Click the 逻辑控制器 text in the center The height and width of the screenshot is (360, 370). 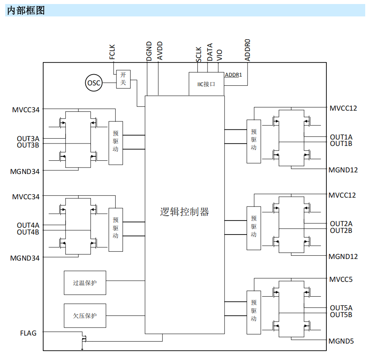pyautogui.click(x=184, y=212)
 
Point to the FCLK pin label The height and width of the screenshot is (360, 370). pyautogui.click(x=112, y=52)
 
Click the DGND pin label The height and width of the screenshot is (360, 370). pyautogui.click(x=149, y=51)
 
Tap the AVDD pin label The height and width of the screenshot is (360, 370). pyautogui.click(x=160, y=51)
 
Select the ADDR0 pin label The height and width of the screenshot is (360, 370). pyautogui.click(x=247, y=50)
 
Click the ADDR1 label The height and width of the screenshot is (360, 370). pyautogui.click(x=233, y=75)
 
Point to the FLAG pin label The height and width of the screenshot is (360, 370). pyautogui.click(x=28, y=333)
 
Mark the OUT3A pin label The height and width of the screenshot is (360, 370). pyautogui.click(x=28, y=138)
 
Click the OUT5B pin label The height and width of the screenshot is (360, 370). pyautogui.click(x=341, y=315)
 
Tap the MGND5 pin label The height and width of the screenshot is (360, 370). pyautogui.click(x=341, y=341)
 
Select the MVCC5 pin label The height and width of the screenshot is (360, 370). pyautogui.click(x=341, y=279)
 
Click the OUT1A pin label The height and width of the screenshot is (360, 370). pyautogui.click(x=341, y=137)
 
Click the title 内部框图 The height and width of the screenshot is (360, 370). pyautogui.click(x=26, y=10)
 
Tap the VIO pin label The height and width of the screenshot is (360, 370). pyautogui.click(x=219, y=55)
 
